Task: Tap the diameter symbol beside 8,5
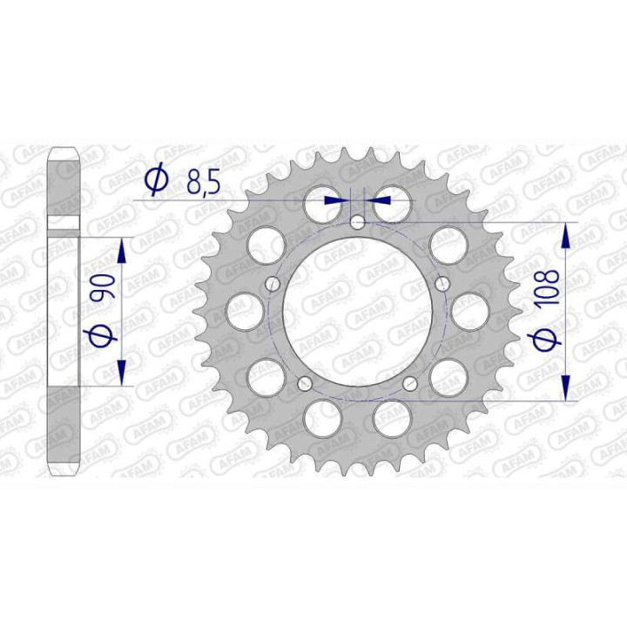pyautogui.click(x=157, y=181)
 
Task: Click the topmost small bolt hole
pyautogui.click(x=357, y=223)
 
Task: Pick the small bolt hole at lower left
pyautogui.click(x=303, y=383)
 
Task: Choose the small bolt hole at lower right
pyautogui.click(x=412, y=383)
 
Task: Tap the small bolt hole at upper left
pyautogui.click(x=272, y=283)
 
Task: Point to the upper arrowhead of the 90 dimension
pyautogui.click(x=121, y=249)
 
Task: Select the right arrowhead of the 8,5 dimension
pyautogui.click(x=378, y=199)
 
